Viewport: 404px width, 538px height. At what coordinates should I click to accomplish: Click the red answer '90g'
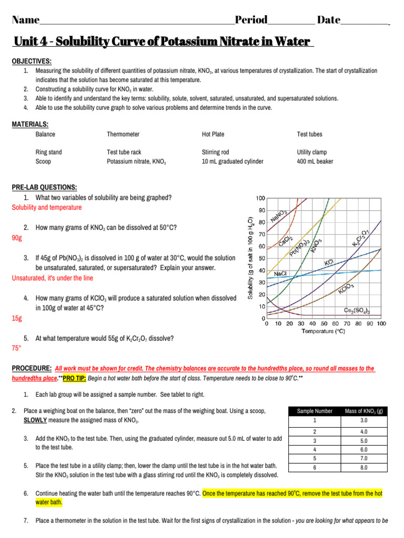(x=17, y=237)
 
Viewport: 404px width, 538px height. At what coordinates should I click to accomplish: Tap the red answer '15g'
(x=17, y=318)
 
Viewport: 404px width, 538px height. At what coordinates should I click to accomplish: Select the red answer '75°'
(x=16, y=348)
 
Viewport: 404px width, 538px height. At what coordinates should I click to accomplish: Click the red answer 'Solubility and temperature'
(x=47, y=208)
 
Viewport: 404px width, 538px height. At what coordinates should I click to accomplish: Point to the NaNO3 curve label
(x=278, y=215)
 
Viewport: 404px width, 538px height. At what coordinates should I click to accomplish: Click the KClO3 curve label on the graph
(x=346, y=288)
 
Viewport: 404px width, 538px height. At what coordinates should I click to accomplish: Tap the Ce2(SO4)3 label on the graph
(x=357, y=311)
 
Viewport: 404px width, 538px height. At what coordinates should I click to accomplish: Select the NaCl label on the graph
(x=280, y=274)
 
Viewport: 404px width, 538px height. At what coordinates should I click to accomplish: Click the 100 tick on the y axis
(x=260, y=198)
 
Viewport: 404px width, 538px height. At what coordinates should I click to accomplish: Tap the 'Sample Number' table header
(x=315, y=411)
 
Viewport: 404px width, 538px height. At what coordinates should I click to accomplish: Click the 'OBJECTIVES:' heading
(x=32, y=61)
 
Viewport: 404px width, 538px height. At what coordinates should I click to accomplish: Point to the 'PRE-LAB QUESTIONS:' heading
(x=44, y=188)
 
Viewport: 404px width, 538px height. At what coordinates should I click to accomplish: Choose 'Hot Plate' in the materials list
(x=213, y=134)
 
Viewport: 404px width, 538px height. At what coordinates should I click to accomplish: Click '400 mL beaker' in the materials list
(x=315, y=161)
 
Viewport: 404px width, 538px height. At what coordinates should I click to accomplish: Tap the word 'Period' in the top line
(x=251, y=20)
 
